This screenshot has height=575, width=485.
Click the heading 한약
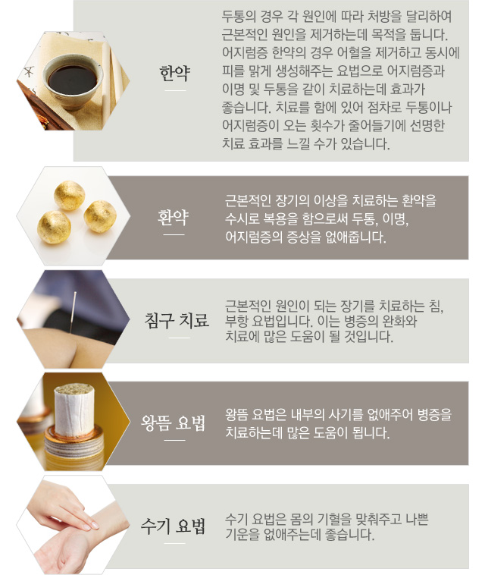[x=175, y=73]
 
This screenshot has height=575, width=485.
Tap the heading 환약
[x=174, y=217]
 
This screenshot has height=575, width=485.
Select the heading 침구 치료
[x=177, y=320]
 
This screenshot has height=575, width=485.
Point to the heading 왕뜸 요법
[x=174, y=423]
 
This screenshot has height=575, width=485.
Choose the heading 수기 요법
[x=173, y=526]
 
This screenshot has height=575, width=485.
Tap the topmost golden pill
[x=70, y=196]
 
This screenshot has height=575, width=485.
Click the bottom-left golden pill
[x=54, y=228]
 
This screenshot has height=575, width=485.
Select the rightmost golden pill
[x=100, y=216]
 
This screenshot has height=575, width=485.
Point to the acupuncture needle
[x=73, y=312]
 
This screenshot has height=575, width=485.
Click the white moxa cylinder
[x=74, y=409]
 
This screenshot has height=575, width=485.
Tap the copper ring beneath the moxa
[x=74, y=435]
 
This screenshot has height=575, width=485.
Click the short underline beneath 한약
[x=175, y=90]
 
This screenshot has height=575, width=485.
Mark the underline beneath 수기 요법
[x=175, y=543]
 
